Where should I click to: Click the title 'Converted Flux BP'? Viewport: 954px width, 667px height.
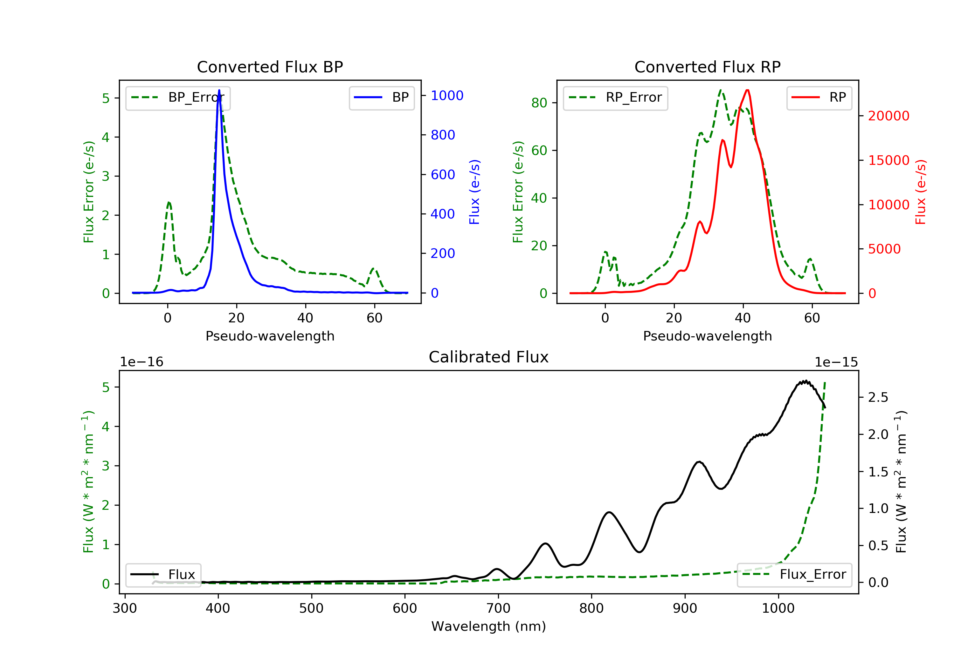(270, 67)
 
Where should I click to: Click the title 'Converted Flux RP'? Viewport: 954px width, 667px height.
(707, 67)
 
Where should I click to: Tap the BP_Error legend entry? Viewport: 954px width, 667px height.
(178, 98)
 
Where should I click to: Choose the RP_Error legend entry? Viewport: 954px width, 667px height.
(615, 98)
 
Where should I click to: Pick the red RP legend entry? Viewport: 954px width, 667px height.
(819, 98)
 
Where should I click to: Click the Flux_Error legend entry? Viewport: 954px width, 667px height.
(794, 575)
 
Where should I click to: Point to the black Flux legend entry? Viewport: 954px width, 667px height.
(163, 575)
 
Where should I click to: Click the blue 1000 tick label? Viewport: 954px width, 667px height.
(447, 96)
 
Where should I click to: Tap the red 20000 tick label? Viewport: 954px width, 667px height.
(889, 116)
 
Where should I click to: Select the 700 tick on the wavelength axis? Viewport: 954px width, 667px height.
(498, 609)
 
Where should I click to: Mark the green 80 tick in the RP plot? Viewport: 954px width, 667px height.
(539, 103)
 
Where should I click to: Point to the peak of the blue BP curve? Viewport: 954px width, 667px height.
(219, 91)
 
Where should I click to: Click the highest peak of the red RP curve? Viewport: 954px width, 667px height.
(748, 91)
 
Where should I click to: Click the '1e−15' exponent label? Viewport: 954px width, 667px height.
(836, 362)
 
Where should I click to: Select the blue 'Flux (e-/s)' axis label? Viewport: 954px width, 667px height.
(474, 192)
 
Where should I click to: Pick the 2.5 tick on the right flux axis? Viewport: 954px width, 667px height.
(878, 398)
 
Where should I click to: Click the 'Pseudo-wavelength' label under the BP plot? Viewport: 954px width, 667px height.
(270, 336)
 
